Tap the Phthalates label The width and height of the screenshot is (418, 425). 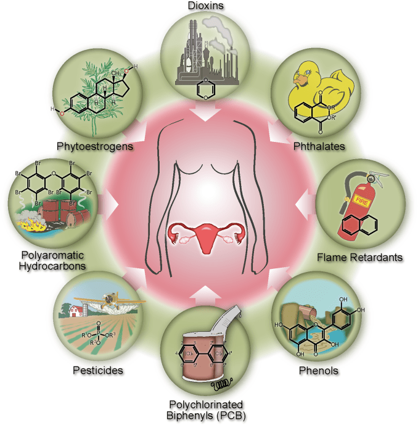[x=321, y=146]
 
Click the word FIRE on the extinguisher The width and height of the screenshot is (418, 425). [x=359, y=200]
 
